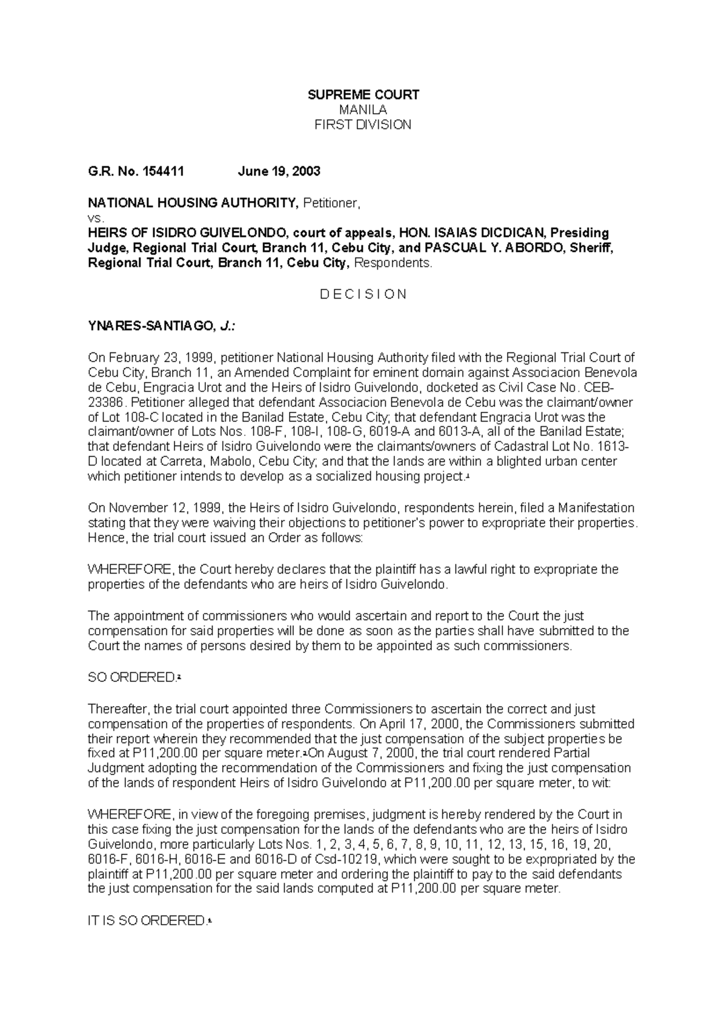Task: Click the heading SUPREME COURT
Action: tap(363, 94)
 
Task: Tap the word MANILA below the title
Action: tap(363, 110)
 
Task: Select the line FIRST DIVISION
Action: tap(363, 125)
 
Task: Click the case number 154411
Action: tap(163, 171)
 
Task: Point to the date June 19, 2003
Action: tap(279, 171)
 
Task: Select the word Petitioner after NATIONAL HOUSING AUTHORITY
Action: tap(331, 203)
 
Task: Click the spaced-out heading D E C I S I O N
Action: tap(363, 294)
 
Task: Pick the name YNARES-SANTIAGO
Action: tap(151, 327)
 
